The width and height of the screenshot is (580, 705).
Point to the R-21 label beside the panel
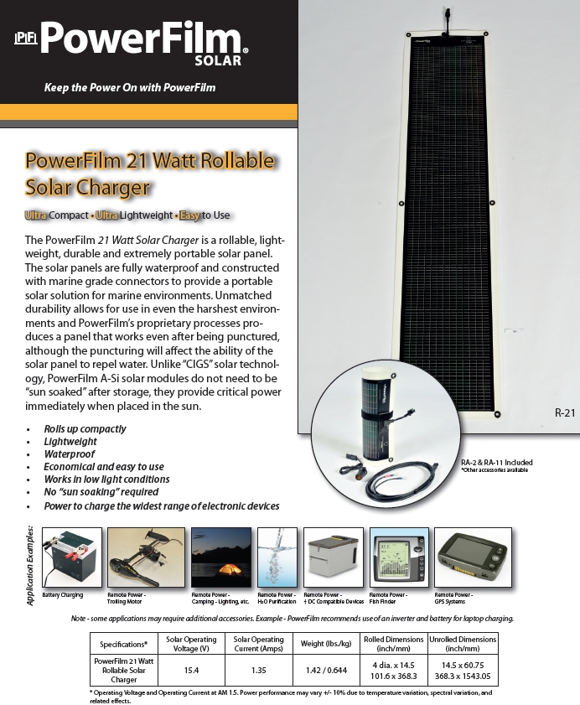pyautogui.click(x=542, y=412)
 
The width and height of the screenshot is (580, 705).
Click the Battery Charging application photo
pyautogui.click(x=71, y=557)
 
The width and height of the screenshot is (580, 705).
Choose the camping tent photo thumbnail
pyautogui.click(x=220, y=557)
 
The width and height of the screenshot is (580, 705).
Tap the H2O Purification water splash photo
pyautogui.click(x=277, y=557)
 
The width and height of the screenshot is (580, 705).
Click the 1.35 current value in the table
pyautogui.click(x=258, y=670)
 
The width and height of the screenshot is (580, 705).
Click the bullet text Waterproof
pyautogui.click(x=70, y=454)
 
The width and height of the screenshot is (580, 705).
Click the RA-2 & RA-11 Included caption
pyautogui.click(x=496, y=463)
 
